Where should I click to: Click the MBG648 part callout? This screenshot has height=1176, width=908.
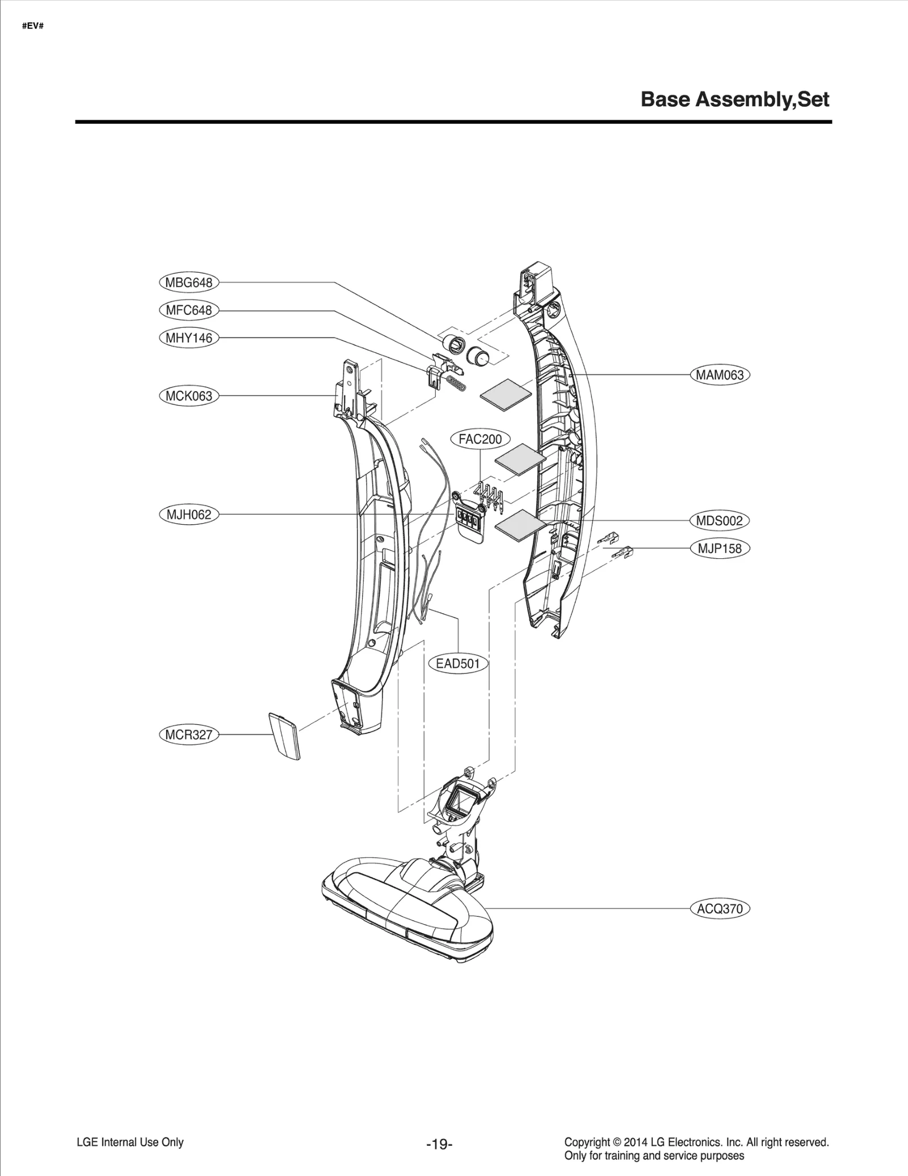coord(188,283)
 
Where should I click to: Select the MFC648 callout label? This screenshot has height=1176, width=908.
coord(188,310)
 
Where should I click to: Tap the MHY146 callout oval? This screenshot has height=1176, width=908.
coord(188,338)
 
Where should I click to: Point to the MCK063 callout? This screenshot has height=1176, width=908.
coord(188,396)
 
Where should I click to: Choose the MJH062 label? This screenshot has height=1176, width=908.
coord(188,515)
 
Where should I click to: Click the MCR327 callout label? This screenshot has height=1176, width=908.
coord(188,735)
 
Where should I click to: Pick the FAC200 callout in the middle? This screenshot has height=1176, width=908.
coord(480,439)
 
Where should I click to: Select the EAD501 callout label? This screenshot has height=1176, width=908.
coord(458,663)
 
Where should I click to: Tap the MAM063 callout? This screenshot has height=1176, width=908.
coord(720,375)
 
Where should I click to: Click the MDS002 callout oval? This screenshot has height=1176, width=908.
coord(720,520)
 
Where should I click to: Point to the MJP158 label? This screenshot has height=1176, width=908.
coord(720,549)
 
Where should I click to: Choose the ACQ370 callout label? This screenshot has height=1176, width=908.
coord(720,908)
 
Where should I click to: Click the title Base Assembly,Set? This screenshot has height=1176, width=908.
coord(735,100)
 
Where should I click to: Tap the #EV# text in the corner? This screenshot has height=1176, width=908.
coord(32,26)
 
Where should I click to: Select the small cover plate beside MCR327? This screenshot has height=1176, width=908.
coord(285,736)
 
